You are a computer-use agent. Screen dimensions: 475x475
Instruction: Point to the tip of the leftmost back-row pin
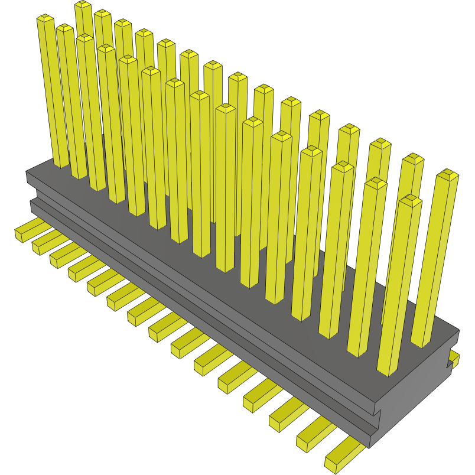(83, 5)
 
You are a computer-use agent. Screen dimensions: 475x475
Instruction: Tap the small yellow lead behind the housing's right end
(454, 357)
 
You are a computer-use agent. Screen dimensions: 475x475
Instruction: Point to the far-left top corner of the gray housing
(27, 172)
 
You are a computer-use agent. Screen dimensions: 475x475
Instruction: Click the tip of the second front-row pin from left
(64, 28)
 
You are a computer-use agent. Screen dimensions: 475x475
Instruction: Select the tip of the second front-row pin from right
(376, 183)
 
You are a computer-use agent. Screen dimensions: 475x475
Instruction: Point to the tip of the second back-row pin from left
(102, 14)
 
